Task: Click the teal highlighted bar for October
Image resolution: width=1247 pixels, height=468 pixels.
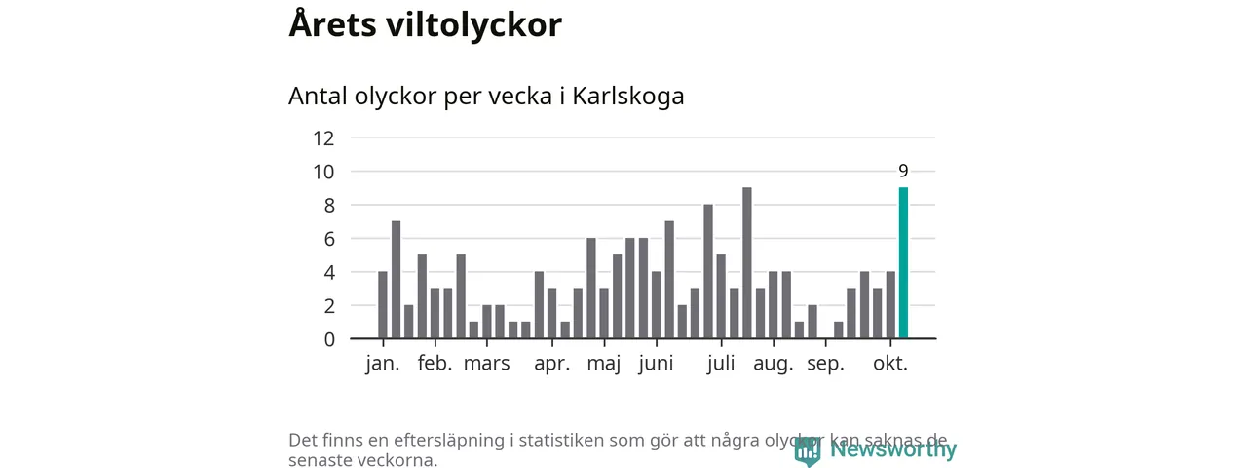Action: point(903,263)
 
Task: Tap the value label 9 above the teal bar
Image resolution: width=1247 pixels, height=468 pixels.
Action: point(903,171)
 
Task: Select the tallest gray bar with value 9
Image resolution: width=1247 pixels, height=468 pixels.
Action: point(747,263)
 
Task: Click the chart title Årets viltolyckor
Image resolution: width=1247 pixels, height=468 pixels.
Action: point(425,25)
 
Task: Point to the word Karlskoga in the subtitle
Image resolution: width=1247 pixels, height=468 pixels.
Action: point(628,97)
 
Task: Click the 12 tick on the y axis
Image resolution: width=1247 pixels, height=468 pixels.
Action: point(323,138)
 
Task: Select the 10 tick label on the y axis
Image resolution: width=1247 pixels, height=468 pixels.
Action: point(323,172)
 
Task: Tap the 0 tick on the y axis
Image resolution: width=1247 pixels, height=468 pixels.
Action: point(329,339)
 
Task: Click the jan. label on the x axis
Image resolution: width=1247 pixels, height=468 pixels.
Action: point(383,365)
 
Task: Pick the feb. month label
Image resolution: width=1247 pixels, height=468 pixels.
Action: point(435,365)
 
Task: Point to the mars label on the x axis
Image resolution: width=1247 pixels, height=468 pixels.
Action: point(486,365)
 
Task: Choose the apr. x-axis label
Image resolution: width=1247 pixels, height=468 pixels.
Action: point(552,365)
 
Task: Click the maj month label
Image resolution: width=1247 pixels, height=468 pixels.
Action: point(605,366)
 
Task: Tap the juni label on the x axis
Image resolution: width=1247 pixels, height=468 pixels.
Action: point(657,366)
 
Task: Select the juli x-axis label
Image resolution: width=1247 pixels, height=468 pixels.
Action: point(721,365)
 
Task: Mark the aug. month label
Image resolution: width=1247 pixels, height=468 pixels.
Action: point(774,366)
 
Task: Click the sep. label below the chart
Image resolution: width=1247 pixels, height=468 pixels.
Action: point(825,366)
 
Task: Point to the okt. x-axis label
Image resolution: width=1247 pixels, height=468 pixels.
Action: point(890,365)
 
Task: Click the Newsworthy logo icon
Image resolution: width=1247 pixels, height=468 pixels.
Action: point(807,450)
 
